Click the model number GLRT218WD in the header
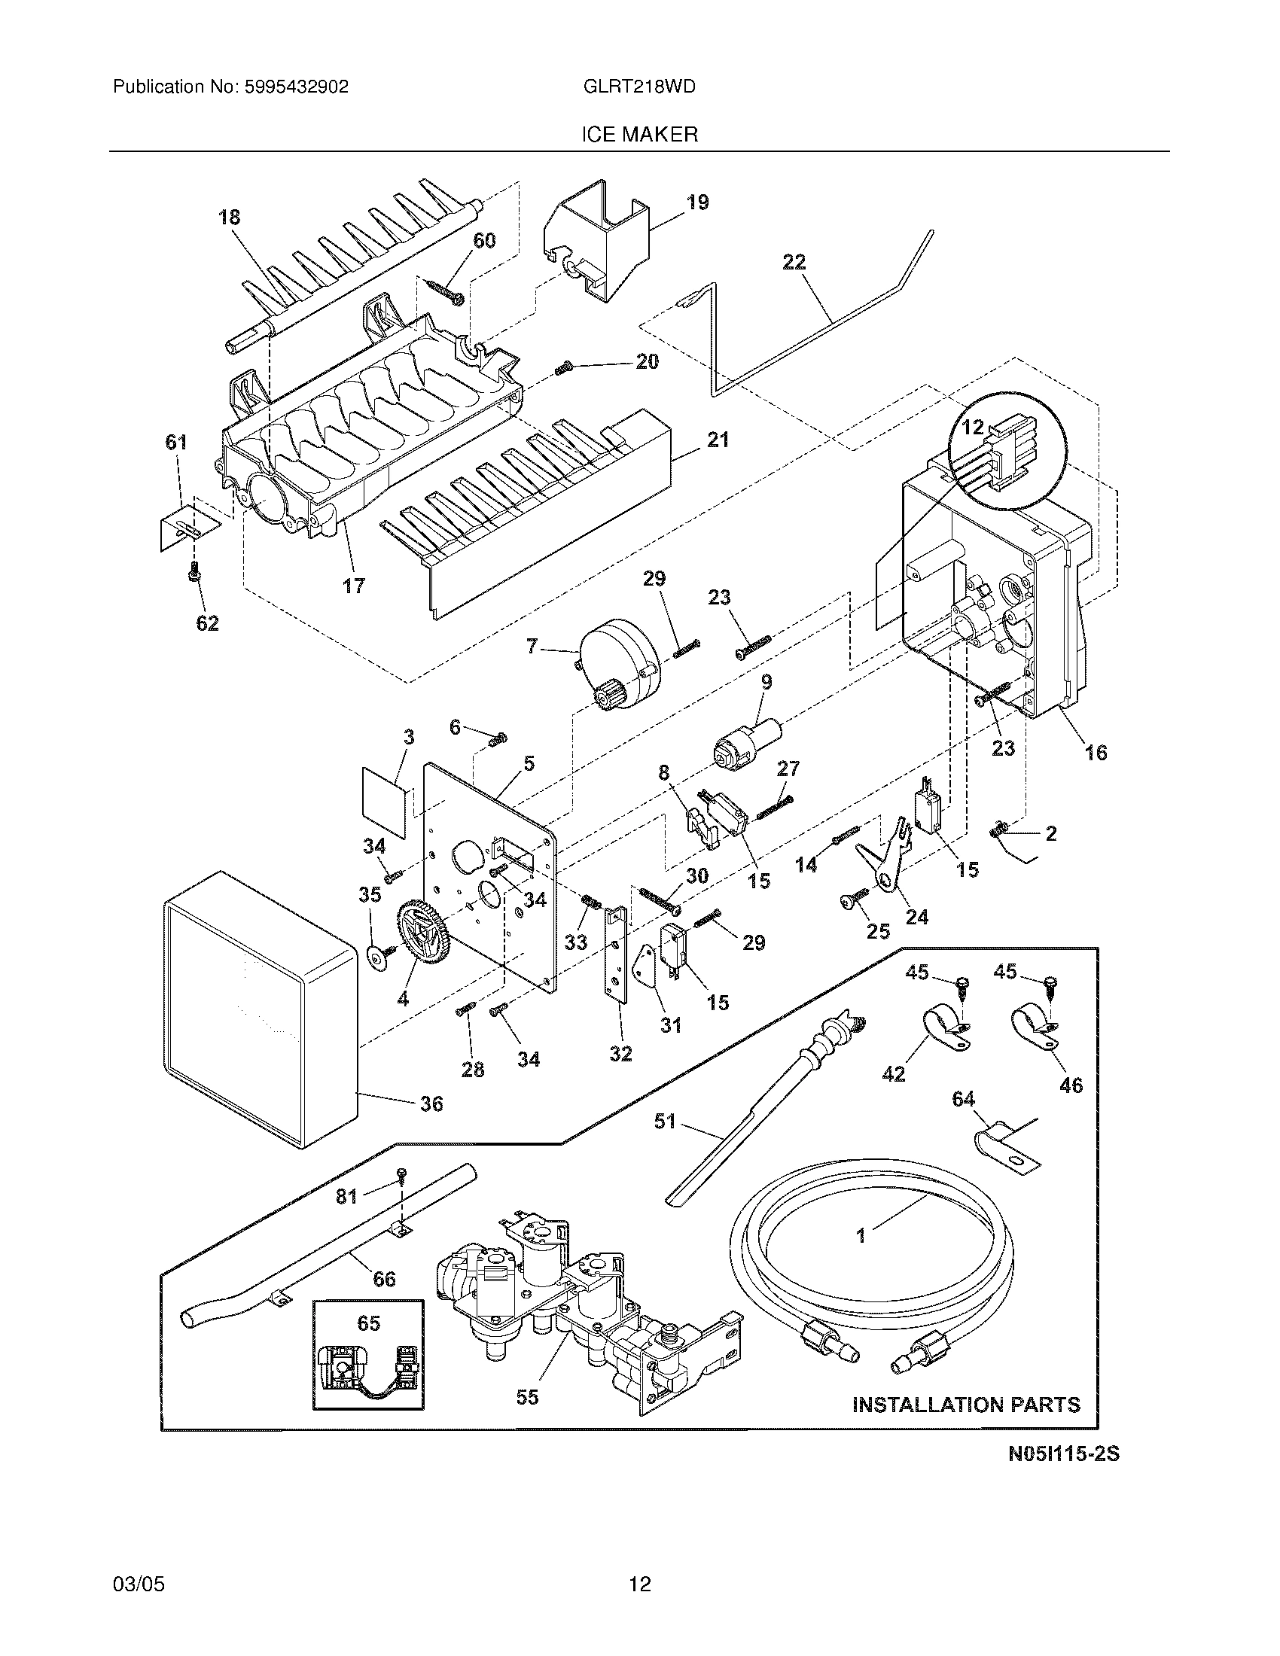[639, 87]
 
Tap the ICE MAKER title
[639, 135]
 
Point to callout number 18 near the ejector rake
[229, 218]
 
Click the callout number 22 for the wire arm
[793, 263]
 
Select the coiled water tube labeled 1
[872, 1281]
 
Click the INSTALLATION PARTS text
[966, 1405]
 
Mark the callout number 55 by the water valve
[527, 1398]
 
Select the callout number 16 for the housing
[1096, 752]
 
